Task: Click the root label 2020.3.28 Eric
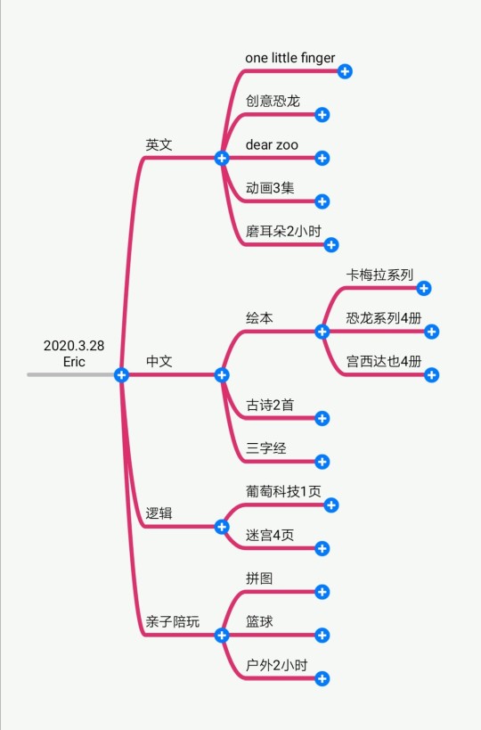[74, 353]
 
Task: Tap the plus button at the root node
[121, 374]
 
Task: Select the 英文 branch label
[159, 144]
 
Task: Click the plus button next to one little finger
[345, 71]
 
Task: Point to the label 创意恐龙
[273, 101]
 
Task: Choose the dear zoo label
[272, 144]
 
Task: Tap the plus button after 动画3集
[322, 201]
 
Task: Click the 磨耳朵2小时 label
[283, 232]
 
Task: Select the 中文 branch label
[159, 361]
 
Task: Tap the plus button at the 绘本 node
[322, 332]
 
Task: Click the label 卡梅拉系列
[379, 275]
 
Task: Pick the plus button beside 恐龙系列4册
[431, 332]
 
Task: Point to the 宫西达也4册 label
[384, 361]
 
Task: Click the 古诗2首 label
[270, 405]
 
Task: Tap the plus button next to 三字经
[322, 462]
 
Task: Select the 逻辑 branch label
[159, 513]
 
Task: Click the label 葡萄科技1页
[283, 492]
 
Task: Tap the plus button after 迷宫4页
[322, 548]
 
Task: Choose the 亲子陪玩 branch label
[172, 621]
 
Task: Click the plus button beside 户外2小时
[322, 679]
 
